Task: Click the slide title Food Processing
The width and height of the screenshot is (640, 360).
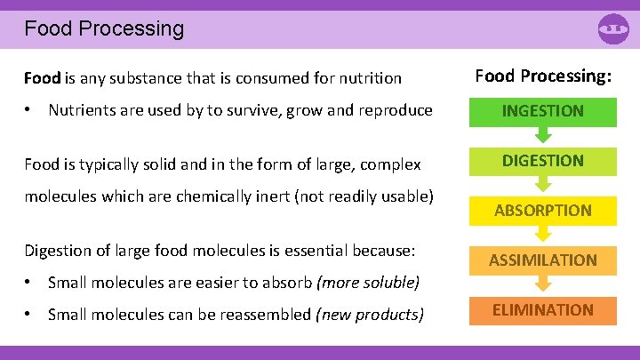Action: coord(104,28)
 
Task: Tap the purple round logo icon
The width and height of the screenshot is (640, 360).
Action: coord(613,29)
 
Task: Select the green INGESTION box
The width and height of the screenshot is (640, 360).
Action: coord(542,111)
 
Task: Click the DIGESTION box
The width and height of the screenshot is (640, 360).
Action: coord(542,161)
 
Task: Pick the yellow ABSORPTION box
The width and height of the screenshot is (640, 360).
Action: coord(542,211)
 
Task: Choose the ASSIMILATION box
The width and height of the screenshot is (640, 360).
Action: coord(542,260)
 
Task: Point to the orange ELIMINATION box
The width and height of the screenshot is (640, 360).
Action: coord(542,310)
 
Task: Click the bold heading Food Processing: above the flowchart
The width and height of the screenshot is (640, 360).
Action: coord(542,76)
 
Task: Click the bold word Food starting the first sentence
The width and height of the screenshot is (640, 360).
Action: coord(41,78)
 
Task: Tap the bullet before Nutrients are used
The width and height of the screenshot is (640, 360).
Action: coord(29,110)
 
